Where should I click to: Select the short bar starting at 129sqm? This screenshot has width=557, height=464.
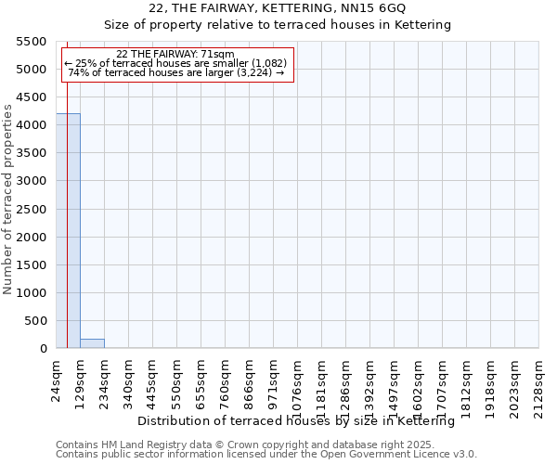[92, 343]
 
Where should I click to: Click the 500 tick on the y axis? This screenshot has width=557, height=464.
[35, 321]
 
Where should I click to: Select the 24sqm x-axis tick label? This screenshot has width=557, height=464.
[57, 379]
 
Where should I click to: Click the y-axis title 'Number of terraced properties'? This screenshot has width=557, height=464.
[8, 200]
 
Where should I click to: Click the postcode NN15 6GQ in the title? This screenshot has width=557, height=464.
[368, 8]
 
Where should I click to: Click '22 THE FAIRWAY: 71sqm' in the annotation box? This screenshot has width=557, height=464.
[175, 55]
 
